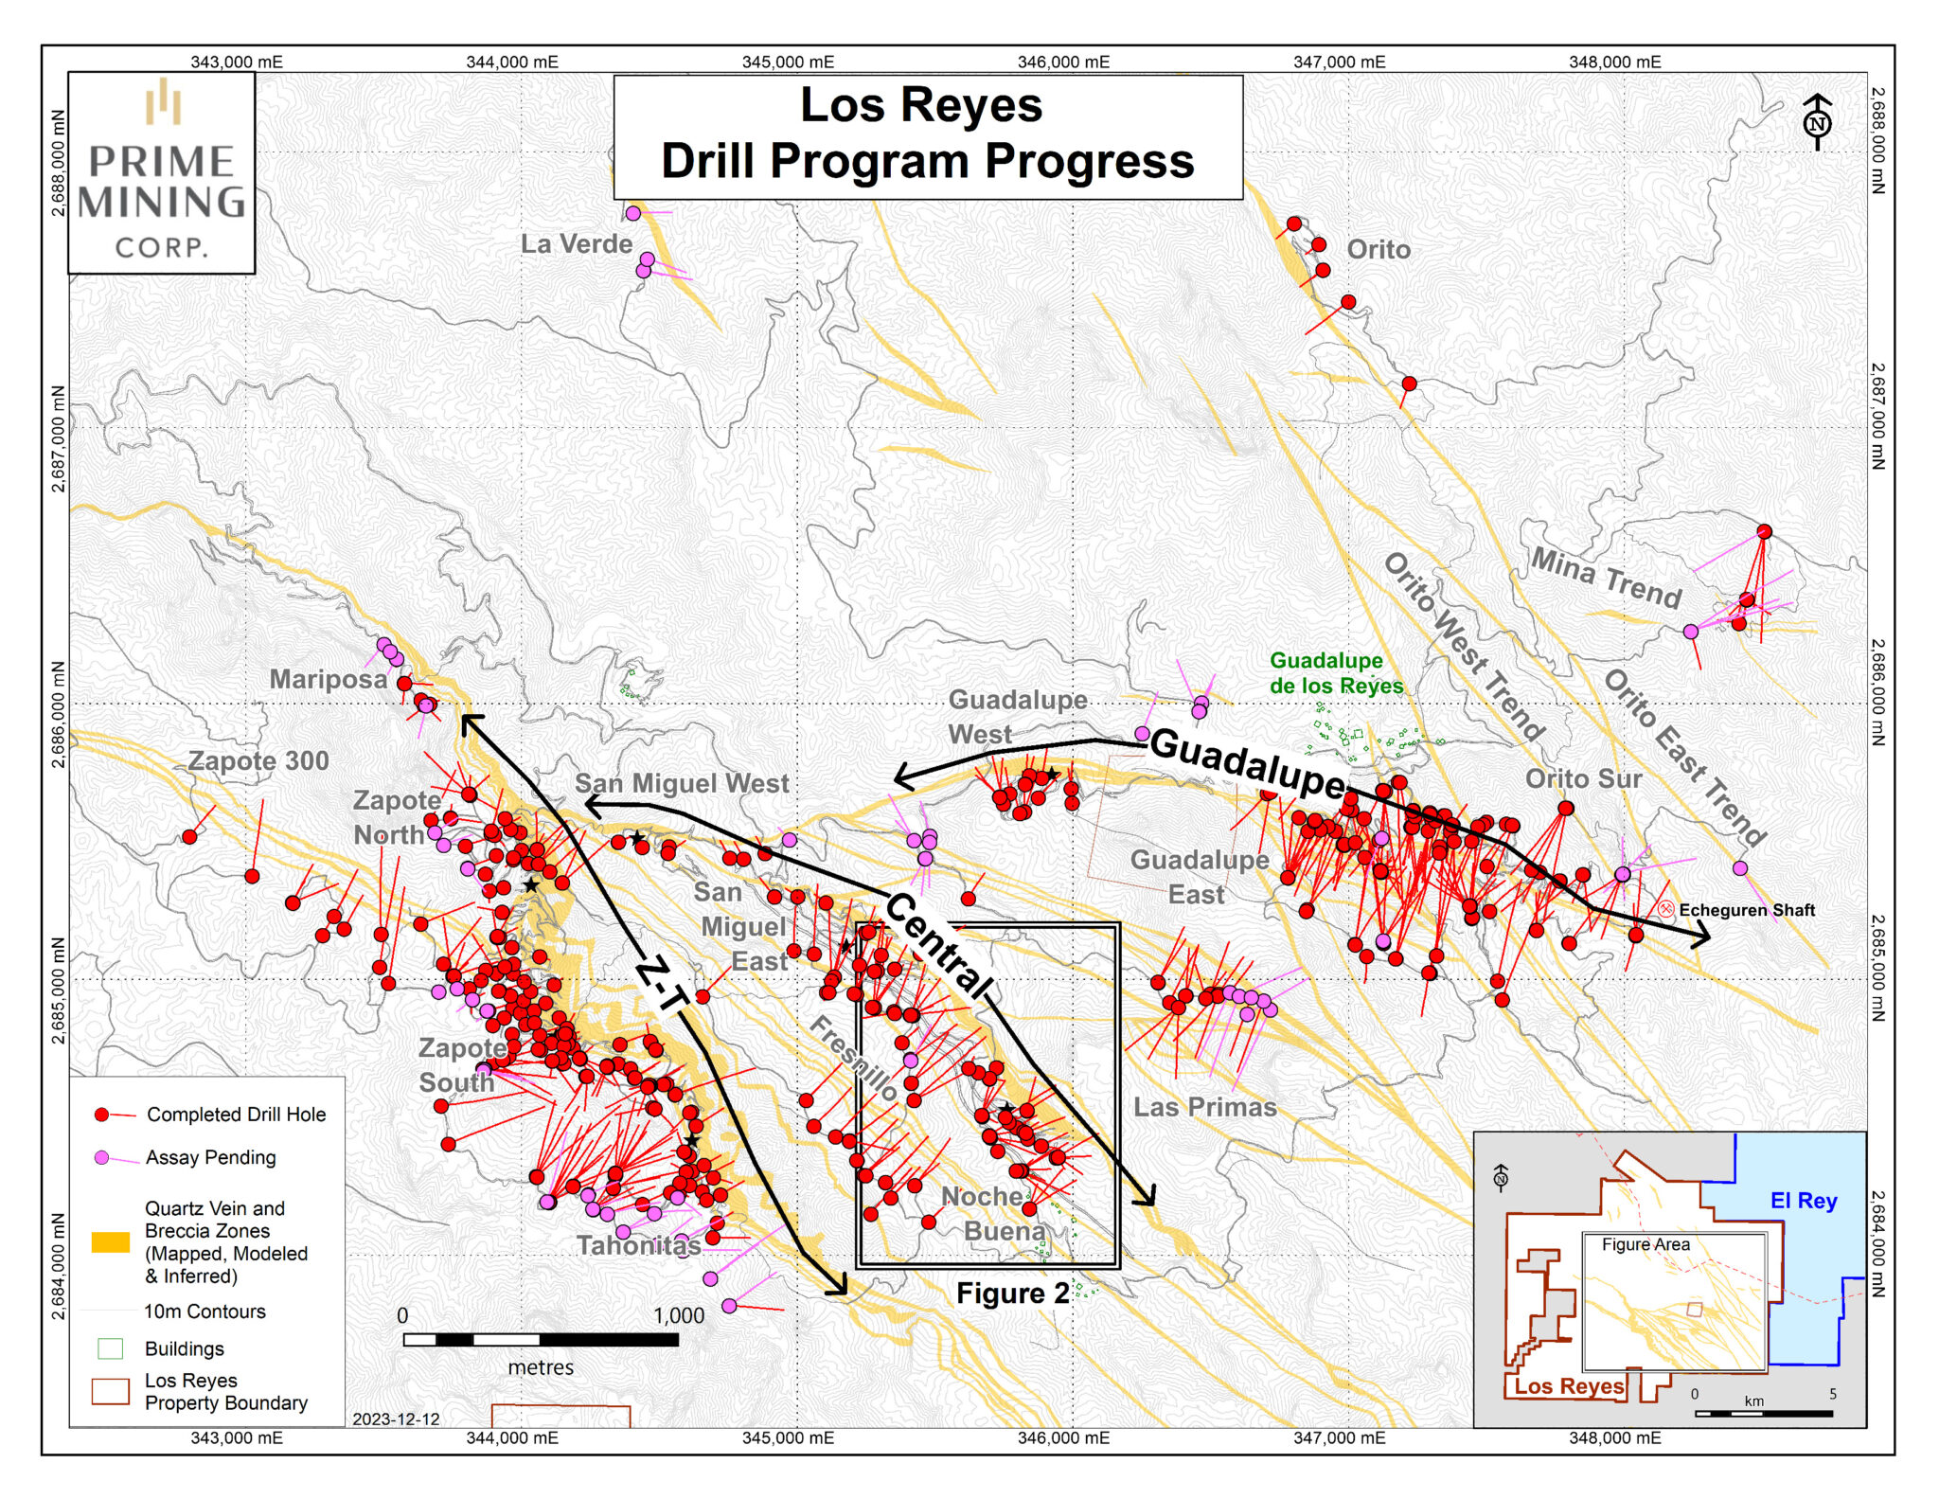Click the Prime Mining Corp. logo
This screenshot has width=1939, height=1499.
[x=162, y=172]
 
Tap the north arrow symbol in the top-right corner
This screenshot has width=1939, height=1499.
[x=1817, y=122]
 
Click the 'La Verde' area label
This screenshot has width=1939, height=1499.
[x=577, y=244]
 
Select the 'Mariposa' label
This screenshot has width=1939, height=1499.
[x=329, y=679]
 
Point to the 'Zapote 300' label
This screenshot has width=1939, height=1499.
[x=258, y=760]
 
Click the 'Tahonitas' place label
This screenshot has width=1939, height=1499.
[x=639, y=1245]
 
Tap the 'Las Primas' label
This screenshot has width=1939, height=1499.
[x=1205, y=1107]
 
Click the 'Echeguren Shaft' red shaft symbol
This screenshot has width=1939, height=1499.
[x=1666, y=909]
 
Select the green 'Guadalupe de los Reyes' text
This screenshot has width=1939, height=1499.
[x=1336, y=673]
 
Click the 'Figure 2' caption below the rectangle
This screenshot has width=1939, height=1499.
[x=1012, y=1294]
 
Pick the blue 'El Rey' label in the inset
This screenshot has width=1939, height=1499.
[x=1803, y=1201]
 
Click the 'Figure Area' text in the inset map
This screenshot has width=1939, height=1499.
[x=1645, y=1244]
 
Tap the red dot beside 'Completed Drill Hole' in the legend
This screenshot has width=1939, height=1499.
[x=102, y=1115]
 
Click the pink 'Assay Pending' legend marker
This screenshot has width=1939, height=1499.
[x=102, y=1157]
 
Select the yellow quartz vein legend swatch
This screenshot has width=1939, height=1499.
[x=111, y=1242]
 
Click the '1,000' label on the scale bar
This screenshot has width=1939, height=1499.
[x=678, y=1315]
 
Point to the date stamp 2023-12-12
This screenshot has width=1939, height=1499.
[x=396, y=1419]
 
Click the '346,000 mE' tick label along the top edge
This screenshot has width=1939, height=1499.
[x=1062, y=62]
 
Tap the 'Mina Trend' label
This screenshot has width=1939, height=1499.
[x=1606, y=578]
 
